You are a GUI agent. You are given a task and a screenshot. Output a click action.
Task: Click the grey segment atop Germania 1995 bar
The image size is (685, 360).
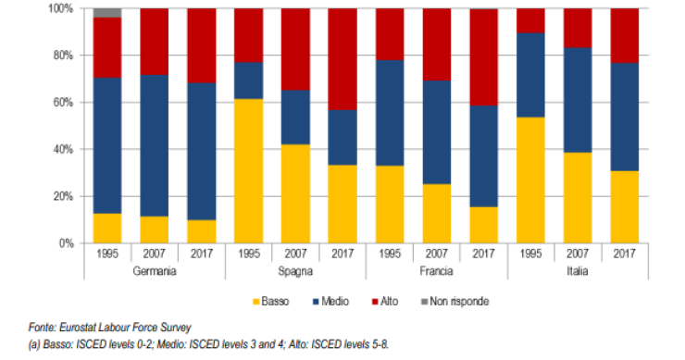tap(108, 13)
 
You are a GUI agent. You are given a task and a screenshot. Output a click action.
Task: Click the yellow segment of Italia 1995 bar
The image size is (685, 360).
tap(529, 180)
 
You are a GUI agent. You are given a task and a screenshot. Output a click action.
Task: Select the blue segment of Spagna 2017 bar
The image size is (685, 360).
tap(342, 138)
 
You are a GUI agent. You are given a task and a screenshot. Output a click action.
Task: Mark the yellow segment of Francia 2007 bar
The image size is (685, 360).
tap(435, 214)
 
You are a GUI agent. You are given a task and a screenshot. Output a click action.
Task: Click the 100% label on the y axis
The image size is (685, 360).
tap(60, 8)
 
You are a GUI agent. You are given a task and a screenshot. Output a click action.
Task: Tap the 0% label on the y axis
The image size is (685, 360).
tap(65, 243)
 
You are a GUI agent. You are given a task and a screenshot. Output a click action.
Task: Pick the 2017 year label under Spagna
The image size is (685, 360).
tap(342, 253)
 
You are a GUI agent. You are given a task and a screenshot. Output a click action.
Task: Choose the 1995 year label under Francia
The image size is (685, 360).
tap(389, 253)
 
